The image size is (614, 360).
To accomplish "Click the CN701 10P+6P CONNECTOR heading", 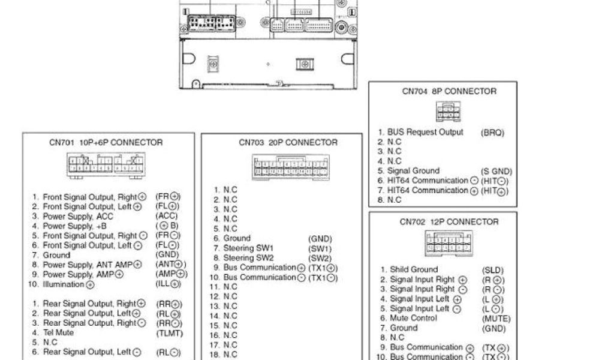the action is click(x=106, y=143).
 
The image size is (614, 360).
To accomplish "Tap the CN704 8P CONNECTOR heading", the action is click(x=449, y=91).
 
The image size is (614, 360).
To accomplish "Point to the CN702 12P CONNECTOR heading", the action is click(x=449, y=221).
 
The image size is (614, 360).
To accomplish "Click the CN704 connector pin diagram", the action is click(x=449, y=112).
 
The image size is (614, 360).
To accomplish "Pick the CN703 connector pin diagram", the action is click(x=291, y=167).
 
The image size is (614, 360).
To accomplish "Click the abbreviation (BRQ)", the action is click(x=492, y=132).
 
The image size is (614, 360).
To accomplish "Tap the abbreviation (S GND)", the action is click(x=496, y=171).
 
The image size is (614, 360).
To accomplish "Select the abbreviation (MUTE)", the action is click(x=496, y=319).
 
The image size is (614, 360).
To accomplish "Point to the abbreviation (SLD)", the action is click(x=493, y=270).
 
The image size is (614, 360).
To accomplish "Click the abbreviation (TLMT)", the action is click(x=169, y=333).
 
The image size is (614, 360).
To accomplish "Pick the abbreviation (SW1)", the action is click(x=320, y=248).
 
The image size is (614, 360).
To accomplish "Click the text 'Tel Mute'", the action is click(x=58, y=333).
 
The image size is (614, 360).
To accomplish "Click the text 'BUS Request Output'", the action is click(x=426, y=132).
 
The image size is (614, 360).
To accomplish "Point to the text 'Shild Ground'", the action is click(x=414, y=270).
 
